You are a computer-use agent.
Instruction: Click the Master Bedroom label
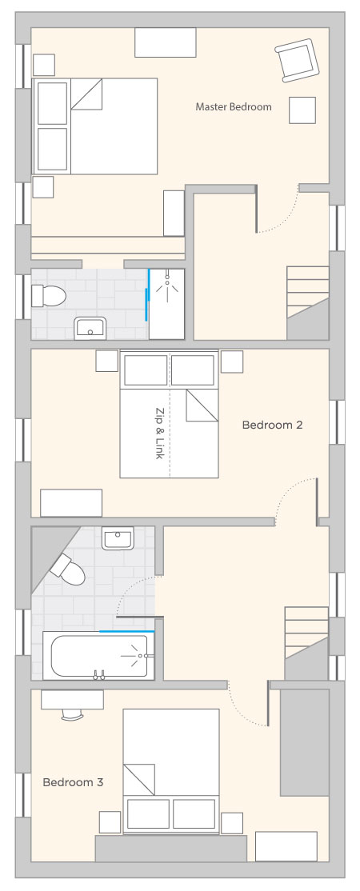coord(233,107)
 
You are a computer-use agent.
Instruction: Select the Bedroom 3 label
coord(73,782)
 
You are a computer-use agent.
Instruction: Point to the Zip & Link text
coord(159,433)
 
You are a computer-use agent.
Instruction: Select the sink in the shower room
coord(90,329)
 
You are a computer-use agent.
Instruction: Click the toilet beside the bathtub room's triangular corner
coord(68,569)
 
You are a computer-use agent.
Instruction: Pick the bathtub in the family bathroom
coord(98,655)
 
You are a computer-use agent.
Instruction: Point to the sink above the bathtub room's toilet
coord(118,538)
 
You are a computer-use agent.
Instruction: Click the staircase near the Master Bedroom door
coord(308,302)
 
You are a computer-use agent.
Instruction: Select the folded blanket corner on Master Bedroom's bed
coord(87,94)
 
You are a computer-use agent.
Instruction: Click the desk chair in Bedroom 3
coord(73,713)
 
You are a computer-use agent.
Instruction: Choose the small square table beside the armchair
coord(302,110)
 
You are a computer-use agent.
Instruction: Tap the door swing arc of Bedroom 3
coord(242,710)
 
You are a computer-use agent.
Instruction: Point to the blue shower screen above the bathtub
coord(127,631)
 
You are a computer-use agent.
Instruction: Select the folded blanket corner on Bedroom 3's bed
coord(139,779)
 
